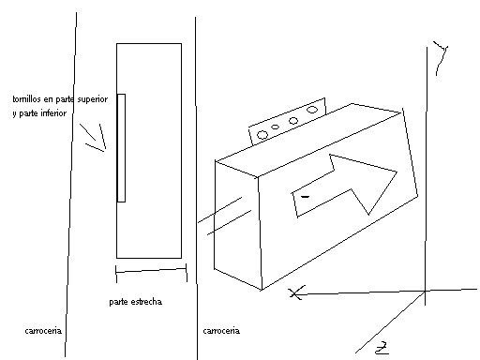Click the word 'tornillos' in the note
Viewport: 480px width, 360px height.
26,99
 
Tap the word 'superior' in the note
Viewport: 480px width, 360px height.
93,99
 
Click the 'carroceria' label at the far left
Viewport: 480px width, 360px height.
43,331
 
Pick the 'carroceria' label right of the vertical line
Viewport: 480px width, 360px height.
221,331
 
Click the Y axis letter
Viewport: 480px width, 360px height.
441,58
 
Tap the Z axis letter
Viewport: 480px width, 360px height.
382,349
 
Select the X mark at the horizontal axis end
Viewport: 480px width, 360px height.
296,292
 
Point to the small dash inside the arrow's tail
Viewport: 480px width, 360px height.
305,197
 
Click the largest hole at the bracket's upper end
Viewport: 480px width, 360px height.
312,110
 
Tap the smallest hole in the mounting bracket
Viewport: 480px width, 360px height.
275,127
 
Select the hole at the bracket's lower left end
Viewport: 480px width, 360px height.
262,135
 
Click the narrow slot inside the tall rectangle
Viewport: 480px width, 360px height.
121,148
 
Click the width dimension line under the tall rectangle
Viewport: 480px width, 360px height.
151,270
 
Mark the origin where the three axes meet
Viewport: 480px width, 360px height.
425,292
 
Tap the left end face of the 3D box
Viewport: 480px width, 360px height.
237,225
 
